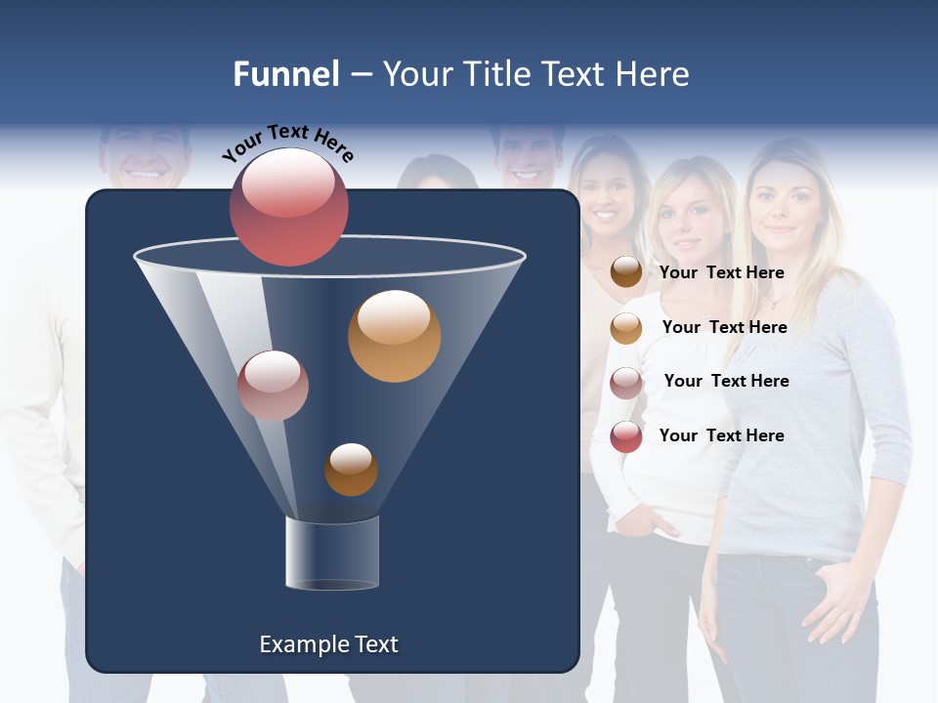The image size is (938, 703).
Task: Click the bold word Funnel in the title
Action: pyautogui.click(x=285, y=74)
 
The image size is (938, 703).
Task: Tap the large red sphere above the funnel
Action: pyautogui.click(x=288, y=207)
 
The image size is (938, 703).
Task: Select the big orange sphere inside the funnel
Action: pyautogui.click(x=394, y=336)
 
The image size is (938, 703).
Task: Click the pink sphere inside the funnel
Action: pyautogui.click(x=273, y=386)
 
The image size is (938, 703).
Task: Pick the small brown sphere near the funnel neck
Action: pyautogui.click(x=351, y=470)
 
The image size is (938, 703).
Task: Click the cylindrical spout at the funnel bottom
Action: pyautogui.click(x=331, y=553)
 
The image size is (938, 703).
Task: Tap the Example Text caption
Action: pyautogui.click(x=328, y=644)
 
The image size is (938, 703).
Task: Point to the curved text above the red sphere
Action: pyautogui.click(x=287, y=143)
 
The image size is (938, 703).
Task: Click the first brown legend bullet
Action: pyautogui.click(x=626, y=272)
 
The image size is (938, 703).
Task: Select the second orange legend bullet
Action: pyautogui.click(x=626, y=328)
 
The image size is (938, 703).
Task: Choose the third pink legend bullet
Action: pyautogui.click(x=626, y=383)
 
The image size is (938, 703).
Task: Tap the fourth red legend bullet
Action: pyautogui.click(x=626, y=436)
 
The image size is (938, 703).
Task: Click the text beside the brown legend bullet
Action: pyautogui.click(x=721, y=272)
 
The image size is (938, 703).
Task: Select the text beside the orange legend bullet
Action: pyautogui.click(x=724, y=327)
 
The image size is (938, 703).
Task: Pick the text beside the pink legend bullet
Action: pyautogui.click(x=726, y=381)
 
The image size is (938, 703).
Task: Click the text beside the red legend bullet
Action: pyautogui.click(x=721, y=435)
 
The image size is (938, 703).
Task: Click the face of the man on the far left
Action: pyautogui.click(x=147, y=156)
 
